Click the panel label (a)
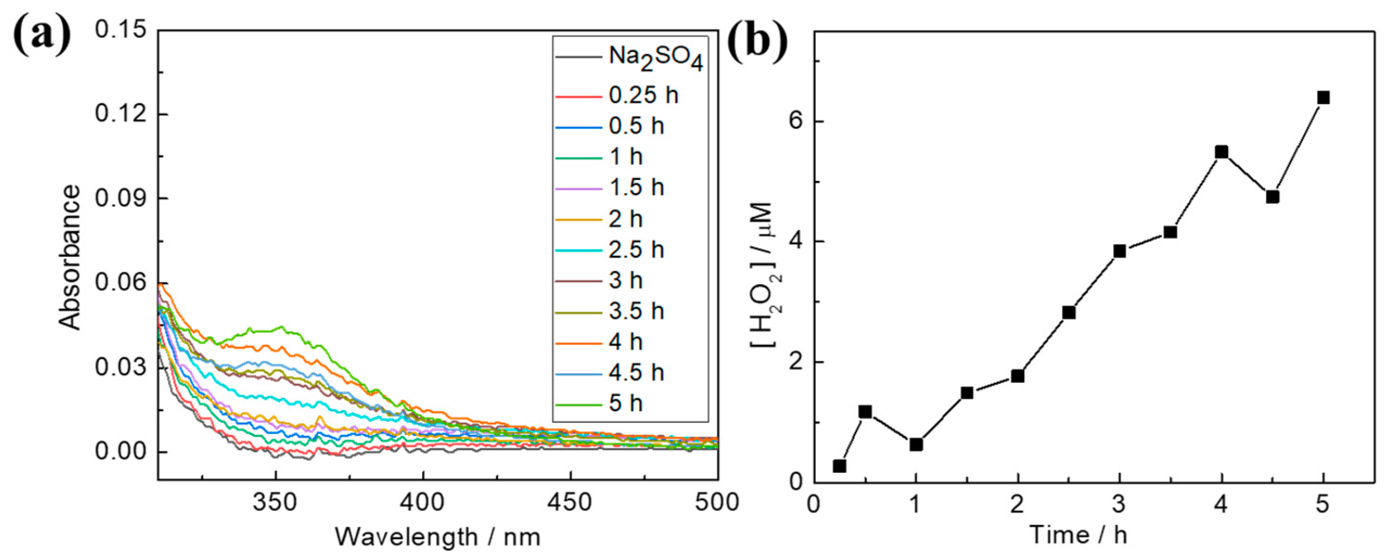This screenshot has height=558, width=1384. [x=42, y=35]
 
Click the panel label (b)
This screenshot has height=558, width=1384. [x=757, y=42]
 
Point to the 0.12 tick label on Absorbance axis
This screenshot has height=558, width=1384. [x=121, y=114]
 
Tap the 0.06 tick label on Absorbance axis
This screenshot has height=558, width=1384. [x=121, y=283]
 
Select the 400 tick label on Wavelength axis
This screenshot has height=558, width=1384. [x=423, y=503]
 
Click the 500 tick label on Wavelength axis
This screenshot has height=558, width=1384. [x=717, y=503]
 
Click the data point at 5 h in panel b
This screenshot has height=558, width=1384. [x=1323, y=98]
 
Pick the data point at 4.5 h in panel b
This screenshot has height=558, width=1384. [x=1272, y=197]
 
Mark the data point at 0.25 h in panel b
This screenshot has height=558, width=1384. [x=840, y=466]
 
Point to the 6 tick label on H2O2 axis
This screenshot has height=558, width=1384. [x=796, y=122]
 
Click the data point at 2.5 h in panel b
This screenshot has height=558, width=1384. [x=1069, y=313]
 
